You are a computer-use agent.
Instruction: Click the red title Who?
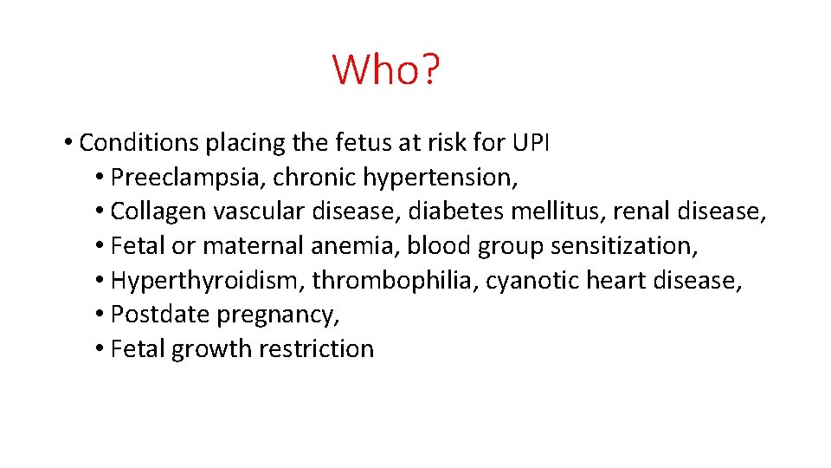tap(386, 69)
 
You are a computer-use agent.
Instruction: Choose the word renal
tap(642, 211)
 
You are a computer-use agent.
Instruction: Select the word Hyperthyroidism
tap(208, 281)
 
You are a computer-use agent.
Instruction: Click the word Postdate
tap(160, 315)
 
